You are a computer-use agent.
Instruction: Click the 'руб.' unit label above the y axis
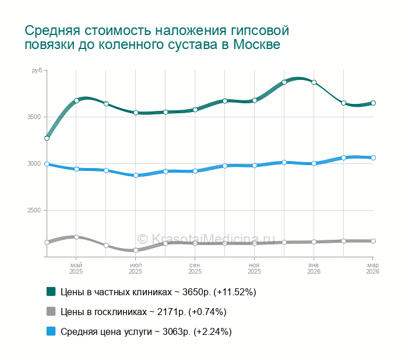(37, 71)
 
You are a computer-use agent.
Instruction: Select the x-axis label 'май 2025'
(76, 268)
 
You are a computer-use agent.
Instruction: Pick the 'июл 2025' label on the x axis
(136, 268)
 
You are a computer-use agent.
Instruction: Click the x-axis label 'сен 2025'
(195, 268)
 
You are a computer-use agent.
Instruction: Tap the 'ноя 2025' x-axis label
(255, 268)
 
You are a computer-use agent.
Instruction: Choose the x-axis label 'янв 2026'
(314, 268)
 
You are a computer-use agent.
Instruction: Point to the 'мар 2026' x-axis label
(372, 268)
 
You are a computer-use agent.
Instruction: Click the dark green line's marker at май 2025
(76, 100)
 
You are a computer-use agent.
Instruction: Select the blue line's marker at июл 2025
(136, 175)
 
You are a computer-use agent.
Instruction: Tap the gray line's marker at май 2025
(76, 237)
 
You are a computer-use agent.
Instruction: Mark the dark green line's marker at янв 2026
(314, 82)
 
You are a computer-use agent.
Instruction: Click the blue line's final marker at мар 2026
(373, 158)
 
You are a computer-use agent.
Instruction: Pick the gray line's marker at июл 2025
(136, 250)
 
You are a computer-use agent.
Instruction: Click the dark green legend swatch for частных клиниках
(51, 291)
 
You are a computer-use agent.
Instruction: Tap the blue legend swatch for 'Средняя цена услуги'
(51, 331)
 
